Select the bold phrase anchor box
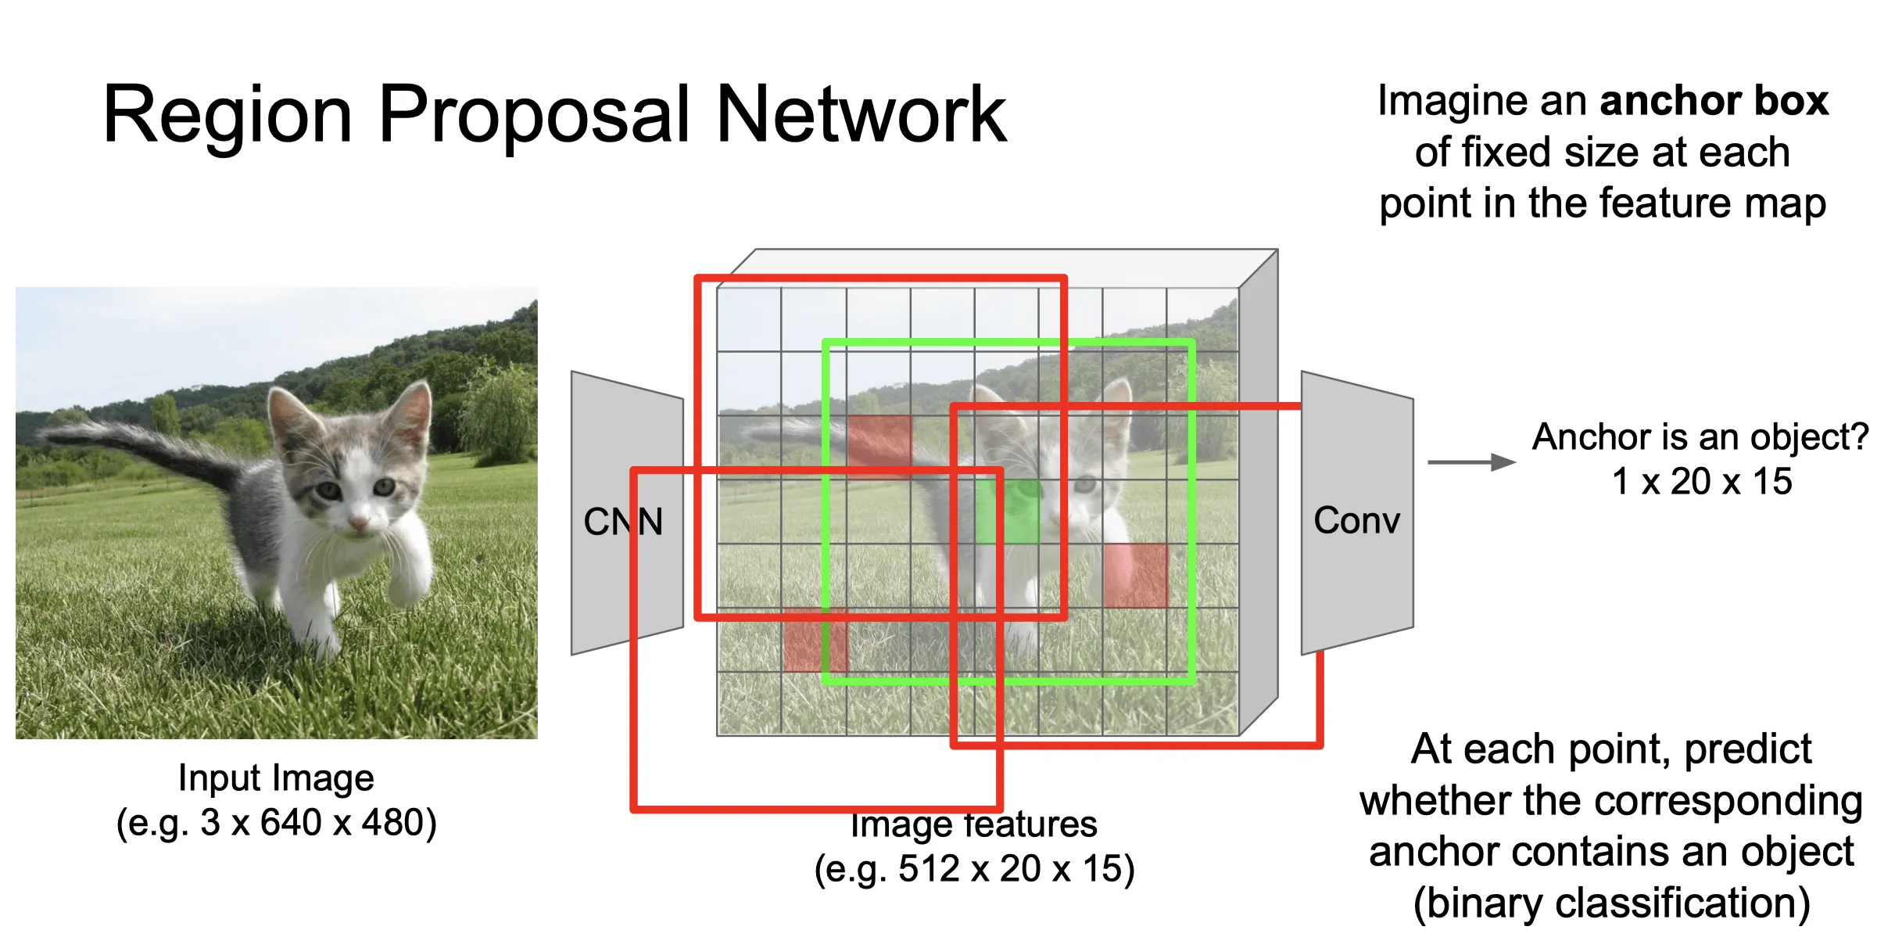1714,100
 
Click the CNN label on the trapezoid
623,521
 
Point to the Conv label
1356,520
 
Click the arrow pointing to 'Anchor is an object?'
1471,462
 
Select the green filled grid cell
1008,512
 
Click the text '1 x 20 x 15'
1702,481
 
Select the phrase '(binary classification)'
1612,903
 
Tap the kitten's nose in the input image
359,522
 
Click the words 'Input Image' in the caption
276,777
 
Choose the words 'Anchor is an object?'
1700,436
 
